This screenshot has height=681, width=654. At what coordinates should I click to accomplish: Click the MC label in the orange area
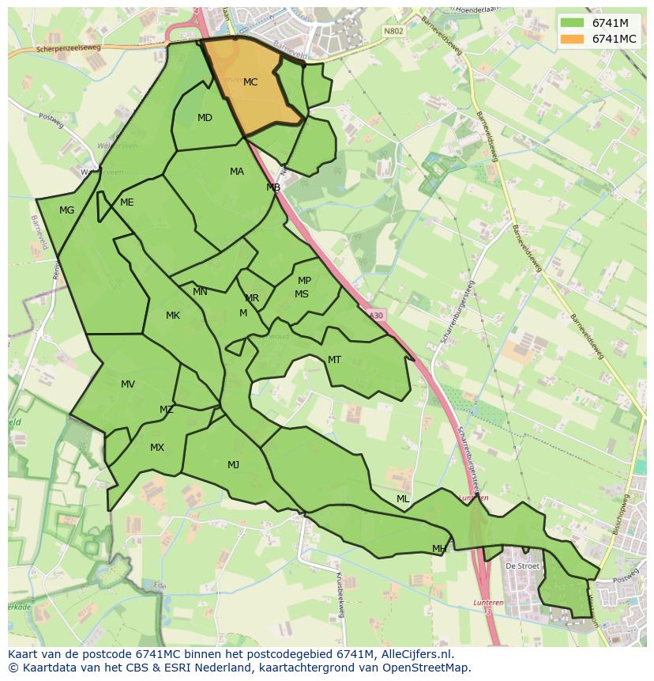(250, 82)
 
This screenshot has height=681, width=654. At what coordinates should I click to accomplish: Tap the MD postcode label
(205, 119)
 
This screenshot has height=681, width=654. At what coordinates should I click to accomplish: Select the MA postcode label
(237, 172)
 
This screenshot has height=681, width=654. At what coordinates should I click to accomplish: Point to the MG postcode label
(66, 210)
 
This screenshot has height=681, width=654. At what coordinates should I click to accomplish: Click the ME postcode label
(126, 202)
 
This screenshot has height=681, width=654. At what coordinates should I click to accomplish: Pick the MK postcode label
(173, 316)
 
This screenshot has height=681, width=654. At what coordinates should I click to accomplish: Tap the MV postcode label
(128, 384)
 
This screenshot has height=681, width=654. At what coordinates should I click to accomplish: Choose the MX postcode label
(157, 448)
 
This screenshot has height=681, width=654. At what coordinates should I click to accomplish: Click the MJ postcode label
(233, 465)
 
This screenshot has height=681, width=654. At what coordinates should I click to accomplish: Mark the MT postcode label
(334, 360)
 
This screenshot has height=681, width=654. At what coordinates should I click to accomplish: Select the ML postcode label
(403, 499)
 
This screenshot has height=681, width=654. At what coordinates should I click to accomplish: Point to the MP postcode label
(304, 281)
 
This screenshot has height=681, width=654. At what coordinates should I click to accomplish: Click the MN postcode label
(200, 292)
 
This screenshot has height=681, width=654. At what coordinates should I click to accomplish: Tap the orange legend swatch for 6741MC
(573, 39)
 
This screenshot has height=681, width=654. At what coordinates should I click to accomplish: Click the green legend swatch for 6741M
(573, 22)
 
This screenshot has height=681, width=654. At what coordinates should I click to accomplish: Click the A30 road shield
(375, 315)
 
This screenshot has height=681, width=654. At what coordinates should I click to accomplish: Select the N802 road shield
(393, 32)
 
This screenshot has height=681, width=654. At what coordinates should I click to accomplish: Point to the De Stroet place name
(521, 566)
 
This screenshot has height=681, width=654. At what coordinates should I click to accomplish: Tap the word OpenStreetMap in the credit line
(428, 668)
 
